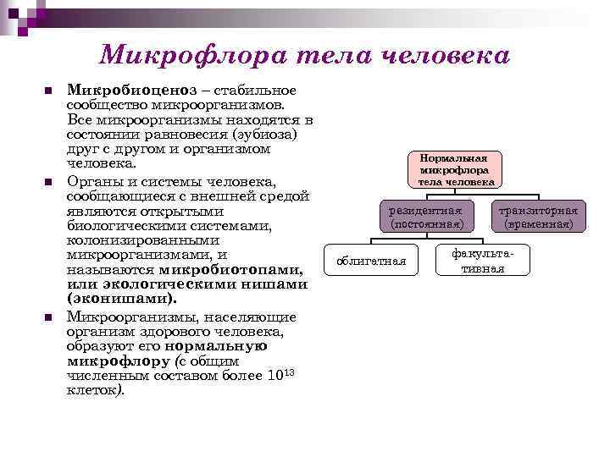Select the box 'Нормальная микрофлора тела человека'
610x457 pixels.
pyautogui.click(x=455, y=169)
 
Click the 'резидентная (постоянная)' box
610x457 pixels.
pyautogui.click(x=426, y=217)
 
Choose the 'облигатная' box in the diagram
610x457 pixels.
pyautogui.click(x=371, y=261)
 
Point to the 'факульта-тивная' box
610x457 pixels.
pyautogui.click(x=483, y=261)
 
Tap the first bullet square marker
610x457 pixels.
pyautogui.click(x=48, y=91)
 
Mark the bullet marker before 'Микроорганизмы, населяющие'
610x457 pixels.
pyautogui.click(x=48, y=316)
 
